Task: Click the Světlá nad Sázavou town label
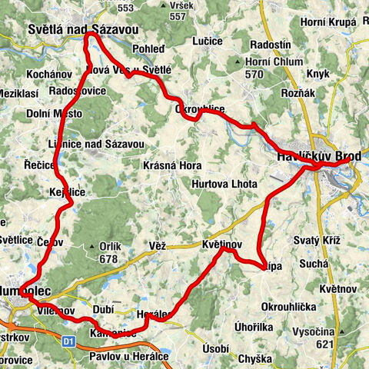tap(82, 29)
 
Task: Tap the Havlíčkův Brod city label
tap(317, 157)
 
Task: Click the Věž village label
tap(158, 245)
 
